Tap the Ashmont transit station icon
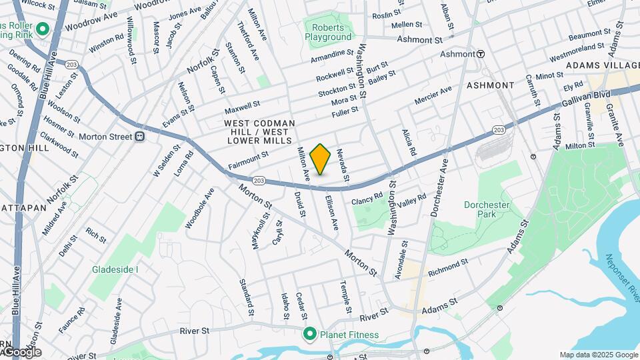click(x=480, y=53)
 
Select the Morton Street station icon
click(x=140, y=137)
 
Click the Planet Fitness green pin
click(x=309, y=334)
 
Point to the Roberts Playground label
click(x=328, y=32)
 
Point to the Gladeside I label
click(x=115, y=269)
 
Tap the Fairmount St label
click(x=248, y=159)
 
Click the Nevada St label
click(x=345, y=165)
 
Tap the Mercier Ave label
click(x=433, y=94)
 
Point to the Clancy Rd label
click(x=367, y=199)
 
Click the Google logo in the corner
click(x=21, y=352)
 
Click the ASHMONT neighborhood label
click(x=490, y=85)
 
